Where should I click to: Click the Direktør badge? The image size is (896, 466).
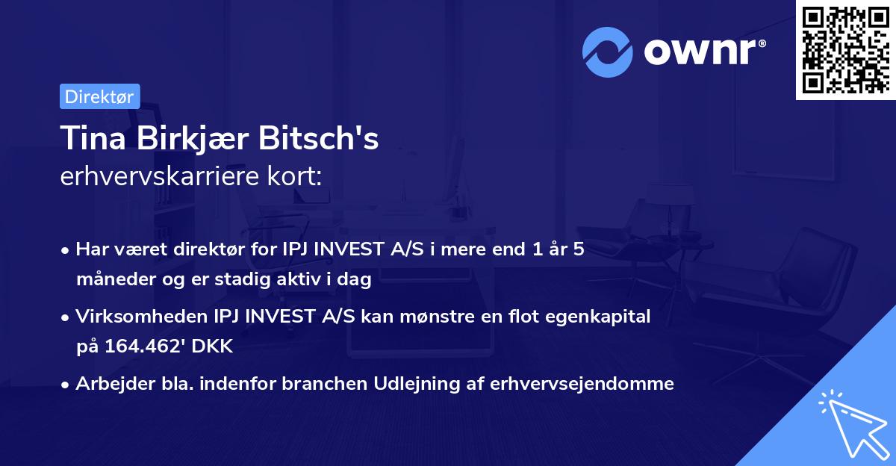[x=99, y=96]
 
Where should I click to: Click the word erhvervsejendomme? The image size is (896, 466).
[x=583, y=384]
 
